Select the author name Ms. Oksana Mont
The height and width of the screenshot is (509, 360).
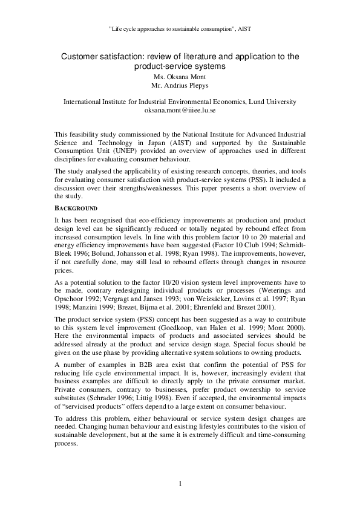180,77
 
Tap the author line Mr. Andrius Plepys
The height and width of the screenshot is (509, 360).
180,86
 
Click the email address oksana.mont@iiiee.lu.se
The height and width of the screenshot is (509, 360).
180,111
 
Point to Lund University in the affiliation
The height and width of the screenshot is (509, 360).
269,102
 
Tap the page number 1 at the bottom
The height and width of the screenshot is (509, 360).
180,483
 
